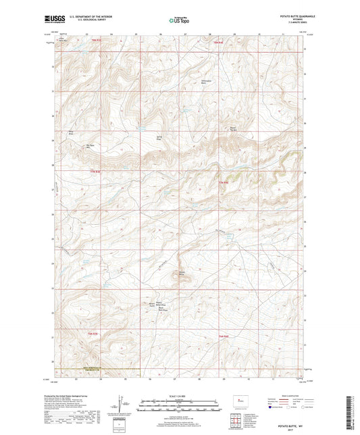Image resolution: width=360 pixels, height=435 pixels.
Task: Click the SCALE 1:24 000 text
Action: point(179,396)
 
